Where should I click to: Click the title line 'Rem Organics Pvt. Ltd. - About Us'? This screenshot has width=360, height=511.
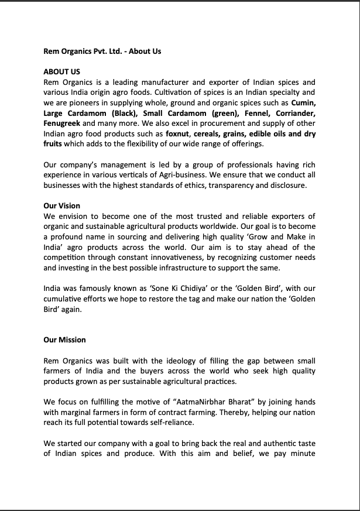[x=102, y=51]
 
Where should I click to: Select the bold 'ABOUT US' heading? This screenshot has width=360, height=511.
[x=61, y=72]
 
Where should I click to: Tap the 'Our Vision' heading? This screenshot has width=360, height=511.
[x=61, y=206]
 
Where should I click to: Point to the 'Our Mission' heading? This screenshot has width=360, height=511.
[x=64, y=339]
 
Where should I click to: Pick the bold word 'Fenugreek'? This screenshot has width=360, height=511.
[x=62, y=124]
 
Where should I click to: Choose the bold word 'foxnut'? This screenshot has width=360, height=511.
[x=178, y=133]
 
